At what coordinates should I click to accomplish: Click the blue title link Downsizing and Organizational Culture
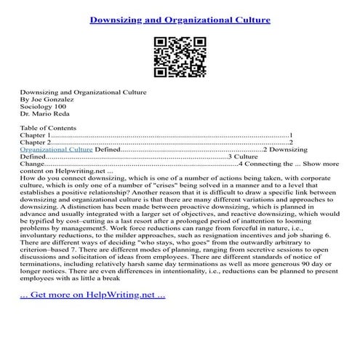[180, 13]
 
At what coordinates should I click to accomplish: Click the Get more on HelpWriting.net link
[92, 316]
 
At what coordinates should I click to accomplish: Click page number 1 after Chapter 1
[291, 135]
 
